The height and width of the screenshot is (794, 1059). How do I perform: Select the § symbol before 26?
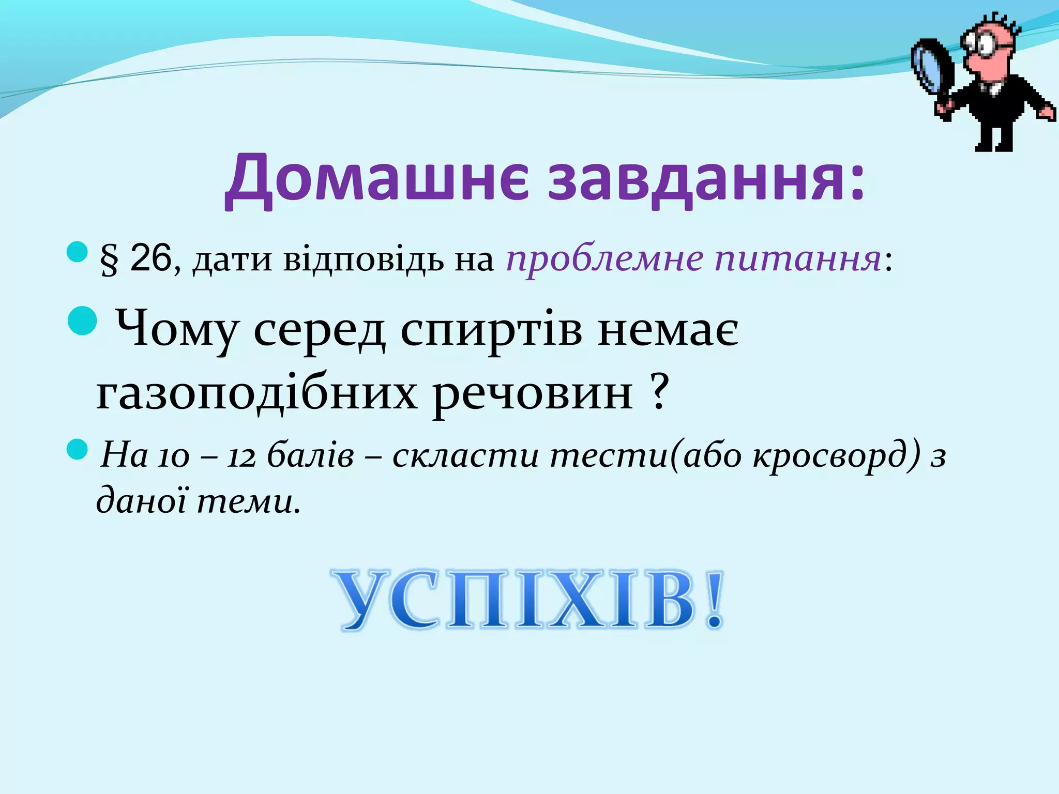coord(109,260)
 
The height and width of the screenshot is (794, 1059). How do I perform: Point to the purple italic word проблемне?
coord(604,260)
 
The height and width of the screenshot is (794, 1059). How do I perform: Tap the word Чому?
coord(176,331)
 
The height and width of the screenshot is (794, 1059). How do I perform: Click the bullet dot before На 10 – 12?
coord(78,450)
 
